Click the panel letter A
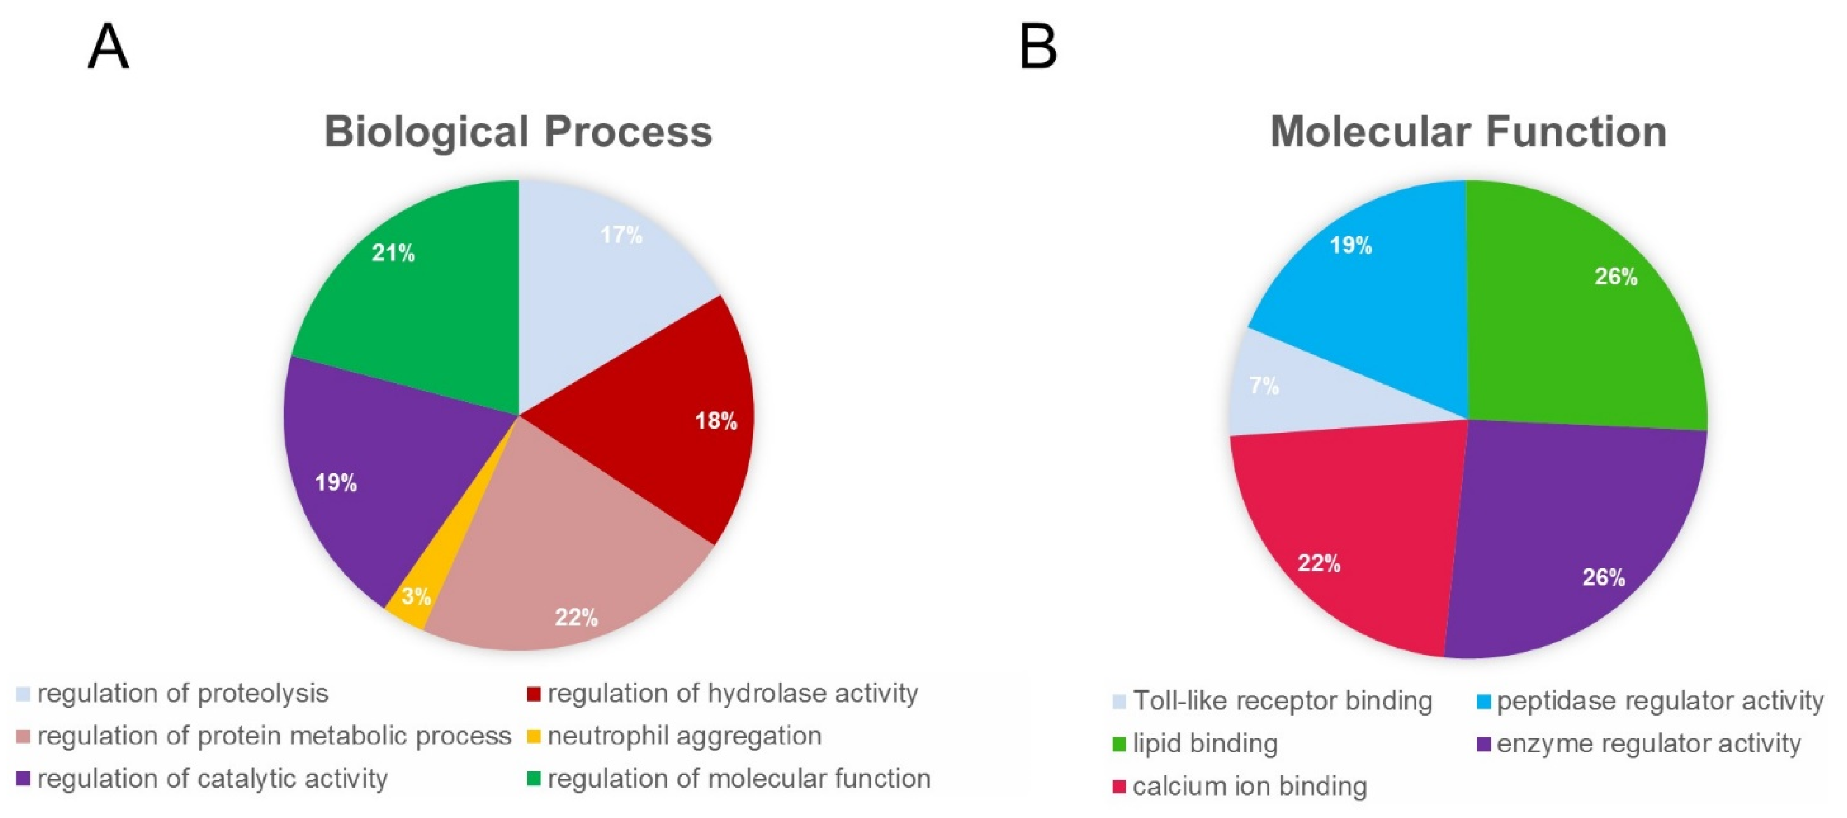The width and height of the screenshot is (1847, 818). [x=108, y=47]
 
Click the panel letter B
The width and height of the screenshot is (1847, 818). [x=1038, y=47]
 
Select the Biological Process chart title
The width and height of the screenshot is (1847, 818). [x=518, y=132]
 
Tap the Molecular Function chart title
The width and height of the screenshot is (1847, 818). [x=1468, y=132]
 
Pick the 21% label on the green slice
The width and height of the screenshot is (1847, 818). [x=393, y=253]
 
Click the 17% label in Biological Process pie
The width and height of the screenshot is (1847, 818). [x=621, y=235]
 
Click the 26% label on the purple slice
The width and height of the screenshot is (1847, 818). [x=1603, y=578]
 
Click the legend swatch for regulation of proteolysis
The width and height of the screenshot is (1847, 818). [x=24, y=694]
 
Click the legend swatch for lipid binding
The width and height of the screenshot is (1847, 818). [x=1119, y=744]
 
